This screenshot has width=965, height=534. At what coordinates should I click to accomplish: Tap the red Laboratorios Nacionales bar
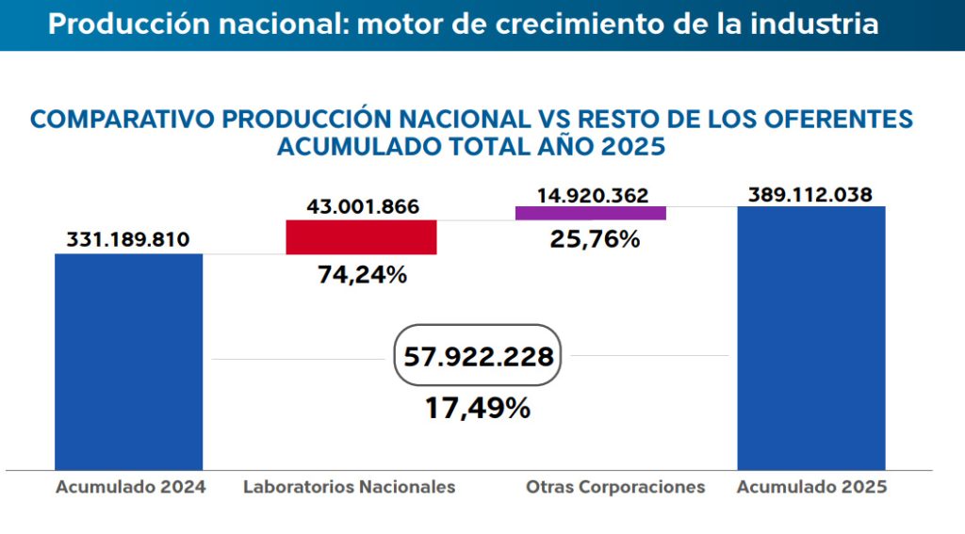(x=361, y=237)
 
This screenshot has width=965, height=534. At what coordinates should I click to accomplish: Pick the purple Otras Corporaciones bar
(x=591, y=213)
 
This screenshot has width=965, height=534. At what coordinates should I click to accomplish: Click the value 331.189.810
(x=128, y=239)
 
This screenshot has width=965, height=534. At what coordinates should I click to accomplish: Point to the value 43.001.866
(x=362, y=206)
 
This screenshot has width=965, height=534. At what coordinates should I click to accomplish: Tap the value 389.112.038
(x=810, y=194)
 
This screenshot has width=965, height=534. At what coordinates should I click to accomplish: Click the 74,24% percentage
(x=362, y=275)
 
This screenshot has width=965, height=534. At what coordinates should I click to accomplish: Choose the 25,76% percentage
(x=595, y=239)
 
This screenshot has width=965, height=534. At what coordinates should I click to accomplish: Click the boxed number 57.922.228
(x=478, y=357)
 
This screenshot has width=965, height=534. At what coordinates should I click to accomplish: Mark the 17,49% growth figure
(x=478, y=409)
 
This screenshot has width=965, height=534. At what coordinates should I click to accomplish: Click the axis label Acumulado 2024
(x=130, y=487)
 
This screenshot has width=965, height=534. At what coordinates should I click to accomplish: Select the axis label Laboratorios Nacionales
(x=349, y=487)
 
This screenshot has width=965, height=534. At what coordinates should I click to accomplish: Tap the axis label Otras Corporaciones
(x=615, y=487)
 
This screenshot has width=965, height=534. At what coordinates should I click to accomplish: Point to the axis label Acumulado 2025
(x=811, y=487)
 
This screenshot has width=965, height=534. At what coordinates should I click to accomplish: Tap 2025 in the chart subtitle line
(x=632, y=147)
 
